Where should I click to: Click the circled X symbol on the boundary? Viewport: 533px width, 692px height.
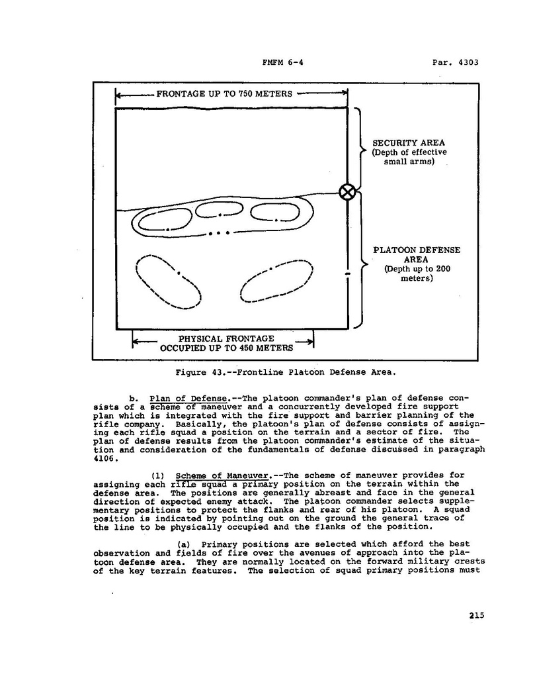(347, 192)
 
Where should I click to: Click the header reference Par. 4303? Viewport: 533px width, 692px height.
(454, 64)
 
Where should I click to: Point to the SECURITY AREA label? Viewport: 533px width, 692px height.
(409, 142)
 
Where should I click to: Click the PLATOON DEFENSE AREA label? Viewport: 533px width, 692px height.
(417, 255)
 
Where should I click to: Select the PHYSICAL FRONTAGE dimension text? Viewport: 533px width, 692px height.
(226, 339)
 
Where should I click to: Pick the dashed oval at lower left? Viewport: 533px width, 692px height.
(168, 281)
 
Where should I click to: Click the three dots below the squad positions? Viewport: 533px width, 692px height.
(218, 233)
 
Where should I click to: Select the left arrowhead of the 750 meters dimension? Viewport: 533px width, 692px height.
(118, 95)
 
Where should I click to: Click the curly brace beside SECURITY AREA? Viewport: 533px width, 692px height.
(361, 151)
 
